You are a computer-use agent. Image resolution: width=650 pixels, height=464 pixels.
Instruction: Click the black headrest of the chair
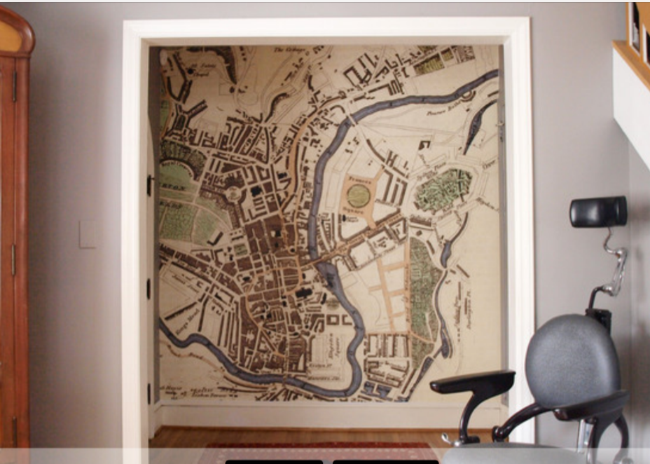coord(597,211)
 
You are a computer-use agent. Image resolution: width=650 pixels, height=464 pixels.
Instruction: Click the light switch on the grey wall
coord(88,234)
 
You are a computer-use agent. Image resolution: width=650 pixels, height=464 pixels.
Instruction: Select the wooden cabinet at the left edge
coord(14,231)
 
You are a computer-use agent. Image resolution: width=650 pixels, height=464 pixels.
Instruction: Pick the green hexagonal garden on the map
coord(442,189)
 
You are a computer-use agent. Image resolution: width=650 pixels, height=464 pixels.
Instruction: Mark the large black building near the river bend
coord(302,294)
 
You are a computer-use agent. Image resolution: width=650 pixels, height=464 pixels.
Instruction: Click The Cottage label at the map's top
coord(286,50)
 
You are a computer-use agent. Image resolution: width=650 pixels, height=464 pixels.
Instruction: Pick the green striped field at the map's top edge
coord(428,65)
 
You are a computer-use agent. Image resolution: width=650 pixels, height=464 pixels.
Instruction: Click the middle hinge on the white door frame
coord(149,288)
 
